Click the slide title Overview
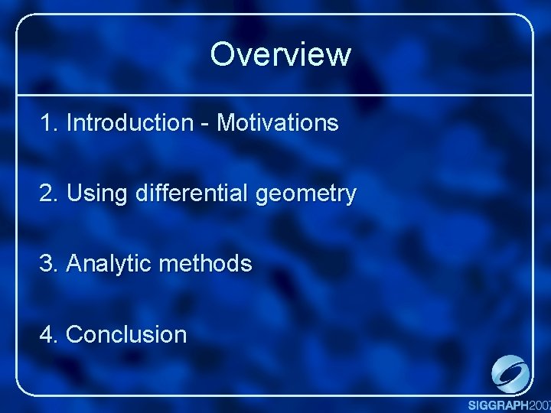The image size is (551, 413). tap(280, 54)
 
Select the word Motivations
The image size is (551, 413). tap(278, 122)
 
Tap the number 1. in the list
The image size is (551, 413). tap(51, 122)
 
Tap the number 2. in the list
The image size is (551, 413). tap(51, 193)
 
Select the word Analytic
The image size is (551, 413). tap(109, 265)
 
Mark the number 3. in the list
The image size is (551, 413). tap(51, 264)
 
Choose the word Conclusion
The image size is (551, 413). tap(126, 334)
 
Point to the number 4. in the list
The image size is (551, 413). tap(51, 334)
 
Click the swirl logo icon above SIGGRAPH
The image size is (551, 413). tap(510, 375)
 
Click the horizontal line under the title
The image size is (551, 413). tap(275, 96)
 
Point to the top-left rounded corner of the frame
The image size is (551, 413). tap(22, 21)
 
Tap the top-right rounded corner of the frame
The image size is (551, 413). tap(527, 21)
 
